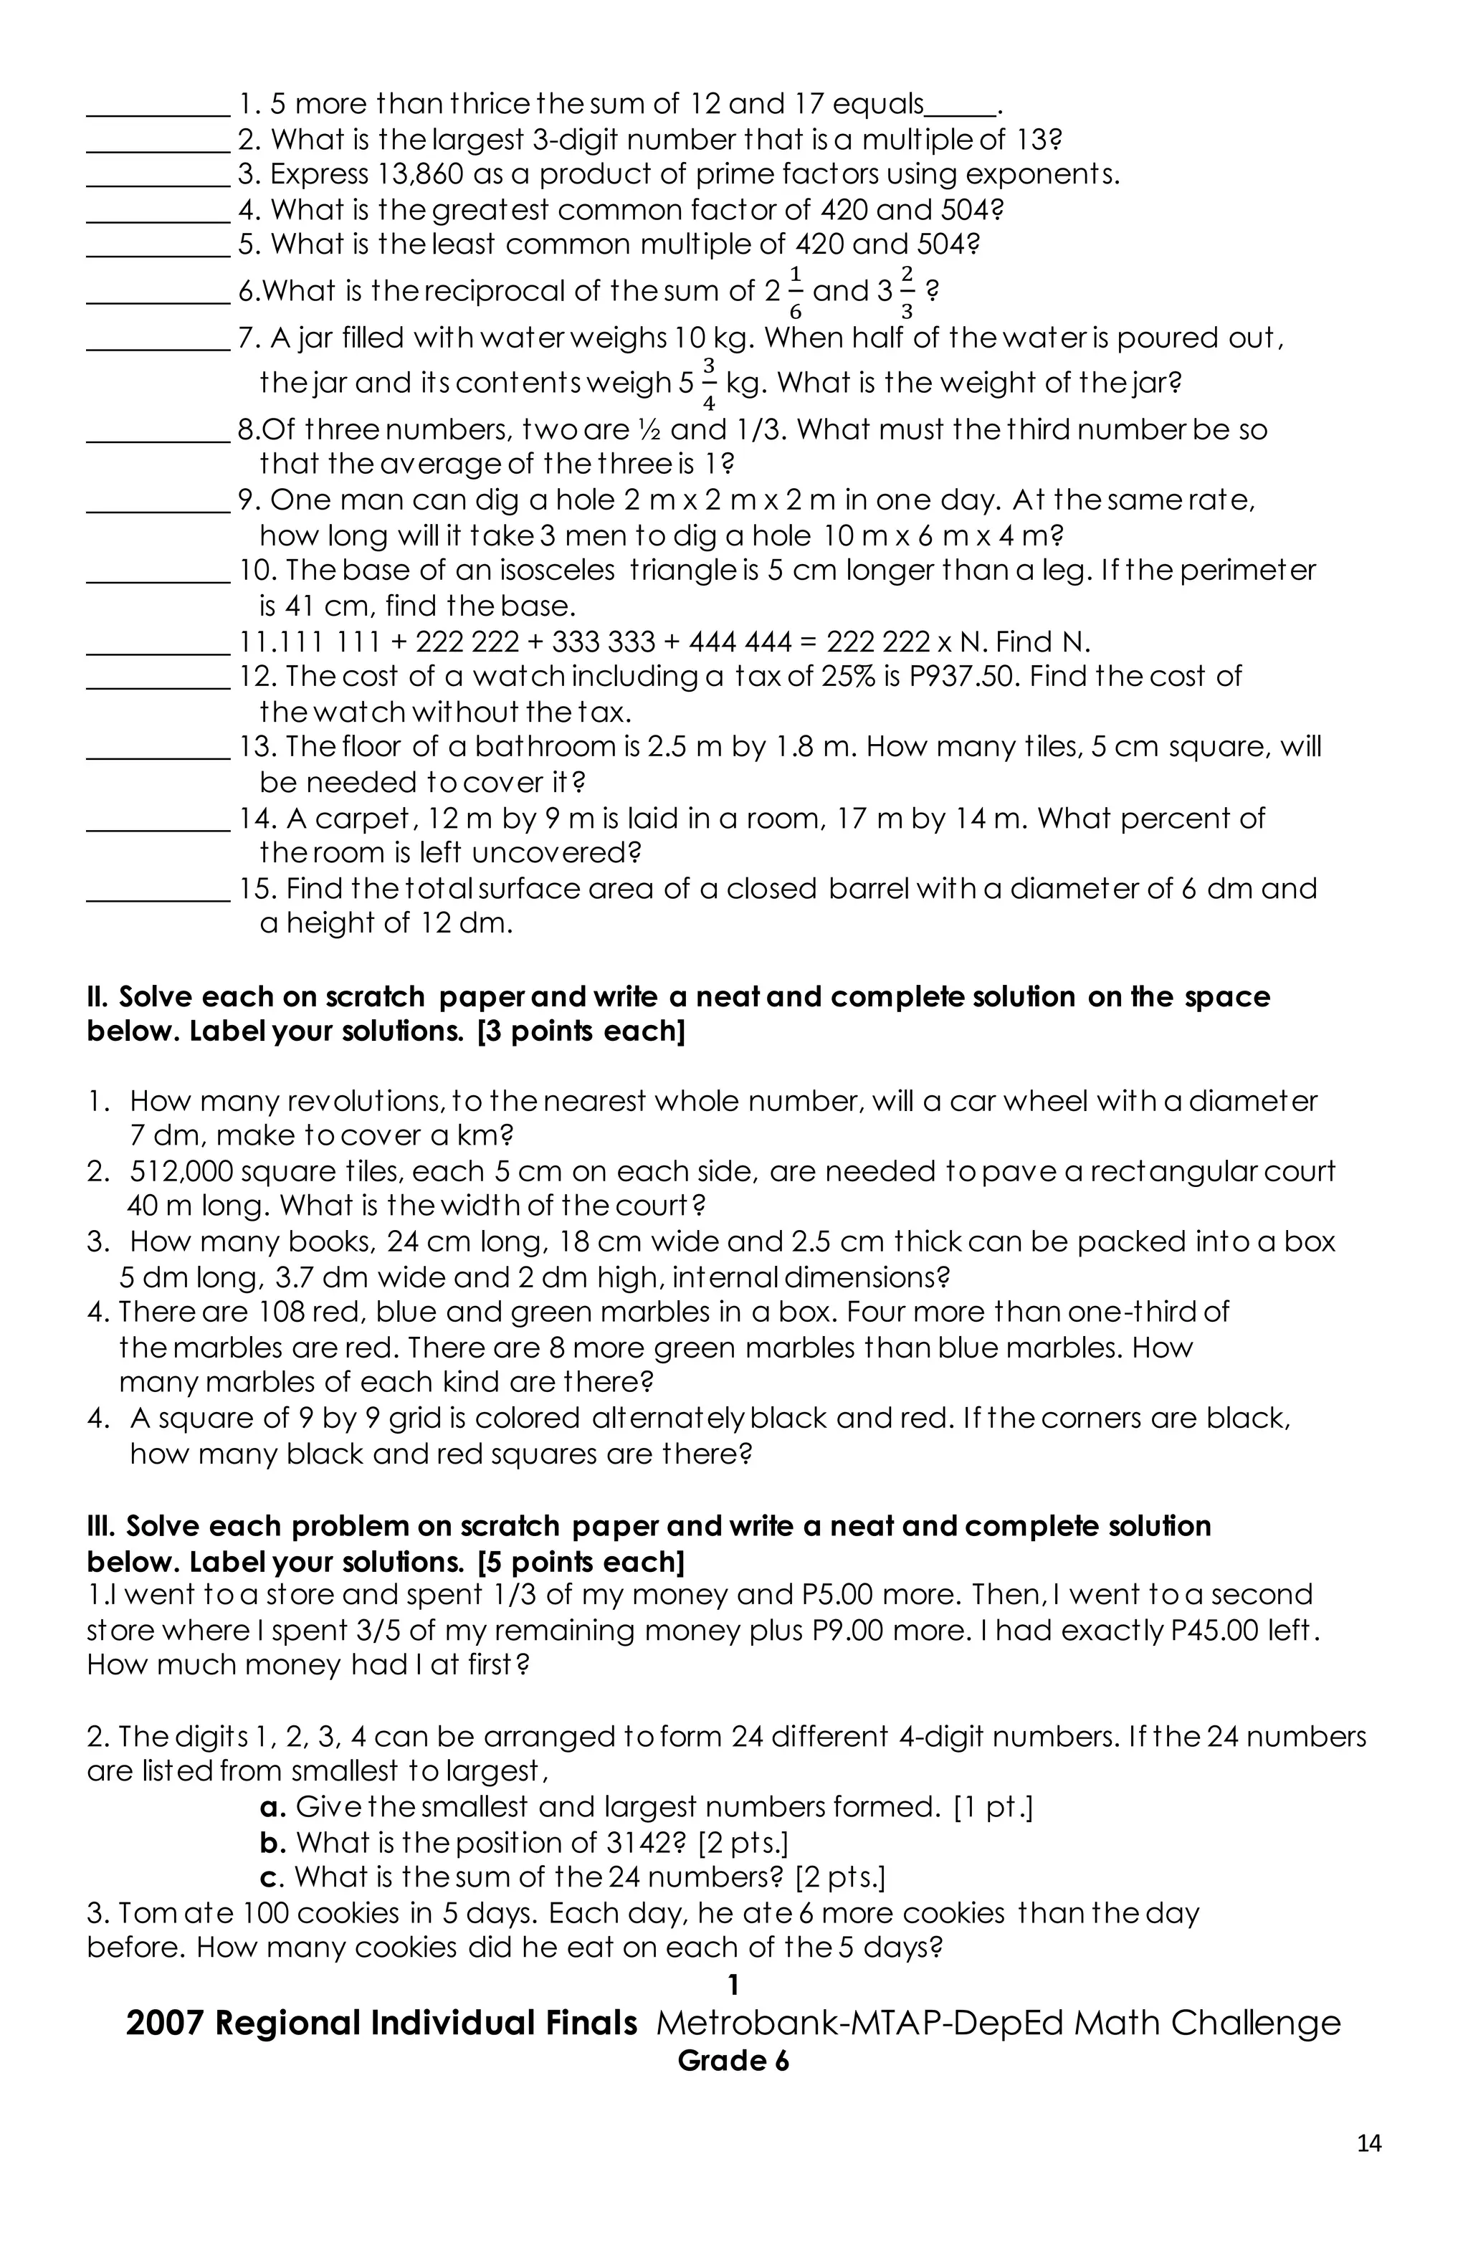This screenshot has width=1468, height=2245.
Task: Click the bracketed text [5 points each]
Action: (x=581, y=1562)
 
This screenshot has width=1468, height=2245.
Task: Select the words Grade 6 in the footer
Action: (x=733, y=2061)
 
